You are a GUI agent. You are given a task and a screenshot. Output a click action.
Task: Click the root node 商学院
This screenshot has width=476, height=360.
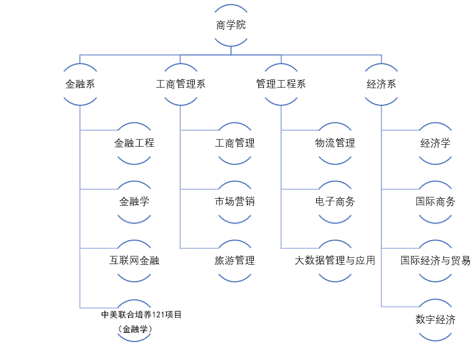(x=231, y=25)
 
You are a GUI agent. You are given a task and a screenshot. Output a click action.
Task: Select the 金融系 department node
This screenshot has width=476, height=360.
(x=80, y=84)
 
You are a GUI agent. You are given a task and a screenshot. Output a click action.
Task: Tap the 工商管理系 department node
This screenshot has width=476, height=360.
(x=181, y=84)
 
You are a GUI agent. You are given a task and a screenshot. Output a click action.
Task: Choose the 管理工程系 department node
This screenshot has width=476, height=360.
(x=281, y=84)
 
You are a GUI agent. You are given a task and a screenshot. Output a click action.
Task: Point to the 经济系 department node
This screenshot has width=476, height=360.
(x=381, y=84)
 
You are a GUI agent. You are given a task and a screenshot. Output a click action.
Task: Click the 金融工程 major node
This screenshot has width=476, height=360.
(x=134, y=143)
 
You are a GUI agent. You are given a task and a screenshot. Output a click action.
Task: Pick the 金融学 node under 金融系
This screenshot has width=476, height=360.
(x=134, y=202)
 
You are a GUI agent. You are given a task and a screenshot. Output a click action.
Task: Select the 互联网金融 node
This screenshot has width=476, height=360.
(x=134, y=260)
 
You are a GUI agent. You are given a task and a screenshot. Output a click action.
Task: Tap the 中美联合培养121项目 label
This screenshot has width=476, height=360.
(x=136, y=314)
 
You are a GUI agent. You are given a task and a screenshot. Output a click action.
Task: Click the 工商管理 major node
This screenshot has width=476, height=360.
(x=235, y=143)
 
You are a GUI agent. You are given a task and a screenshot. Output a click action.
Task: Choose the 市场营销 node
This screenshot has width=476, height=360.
(x=235, y=202)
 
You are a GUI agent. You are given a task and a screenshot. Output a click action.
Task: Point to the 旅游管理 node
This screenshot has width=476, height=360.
(x=235, y=260)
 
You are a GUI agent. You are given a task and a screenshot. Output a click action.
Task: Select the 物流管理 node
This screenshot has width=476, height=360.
(x=335, y=143)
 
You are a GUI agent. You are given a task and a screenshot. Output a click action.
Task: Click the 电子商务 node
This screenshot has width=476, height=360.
(x=335, y=202)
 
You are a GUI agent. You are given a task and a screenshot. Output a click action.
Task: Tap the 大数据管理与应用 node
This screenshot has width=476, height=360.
(x=335, y=260)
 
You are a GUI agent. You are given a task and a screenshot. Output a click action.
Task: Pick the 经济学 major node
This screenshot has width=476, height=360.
(x=435, y=143)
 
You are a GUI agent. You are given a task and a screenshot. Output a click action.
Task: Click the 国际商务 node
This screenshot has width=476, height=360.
(x=435, y=202)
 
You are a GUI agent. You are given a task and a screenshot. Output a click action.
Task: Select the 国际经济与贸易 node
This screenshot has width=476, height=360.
(x=435, y=260)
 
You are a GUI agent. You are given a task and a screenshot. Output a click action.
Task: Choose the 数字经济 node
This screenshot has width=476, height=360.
(x=435, y=319)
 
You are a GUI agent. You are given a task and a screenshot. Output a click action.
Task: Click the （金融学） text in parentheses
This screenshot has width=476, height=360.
(x=135, y=330)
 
